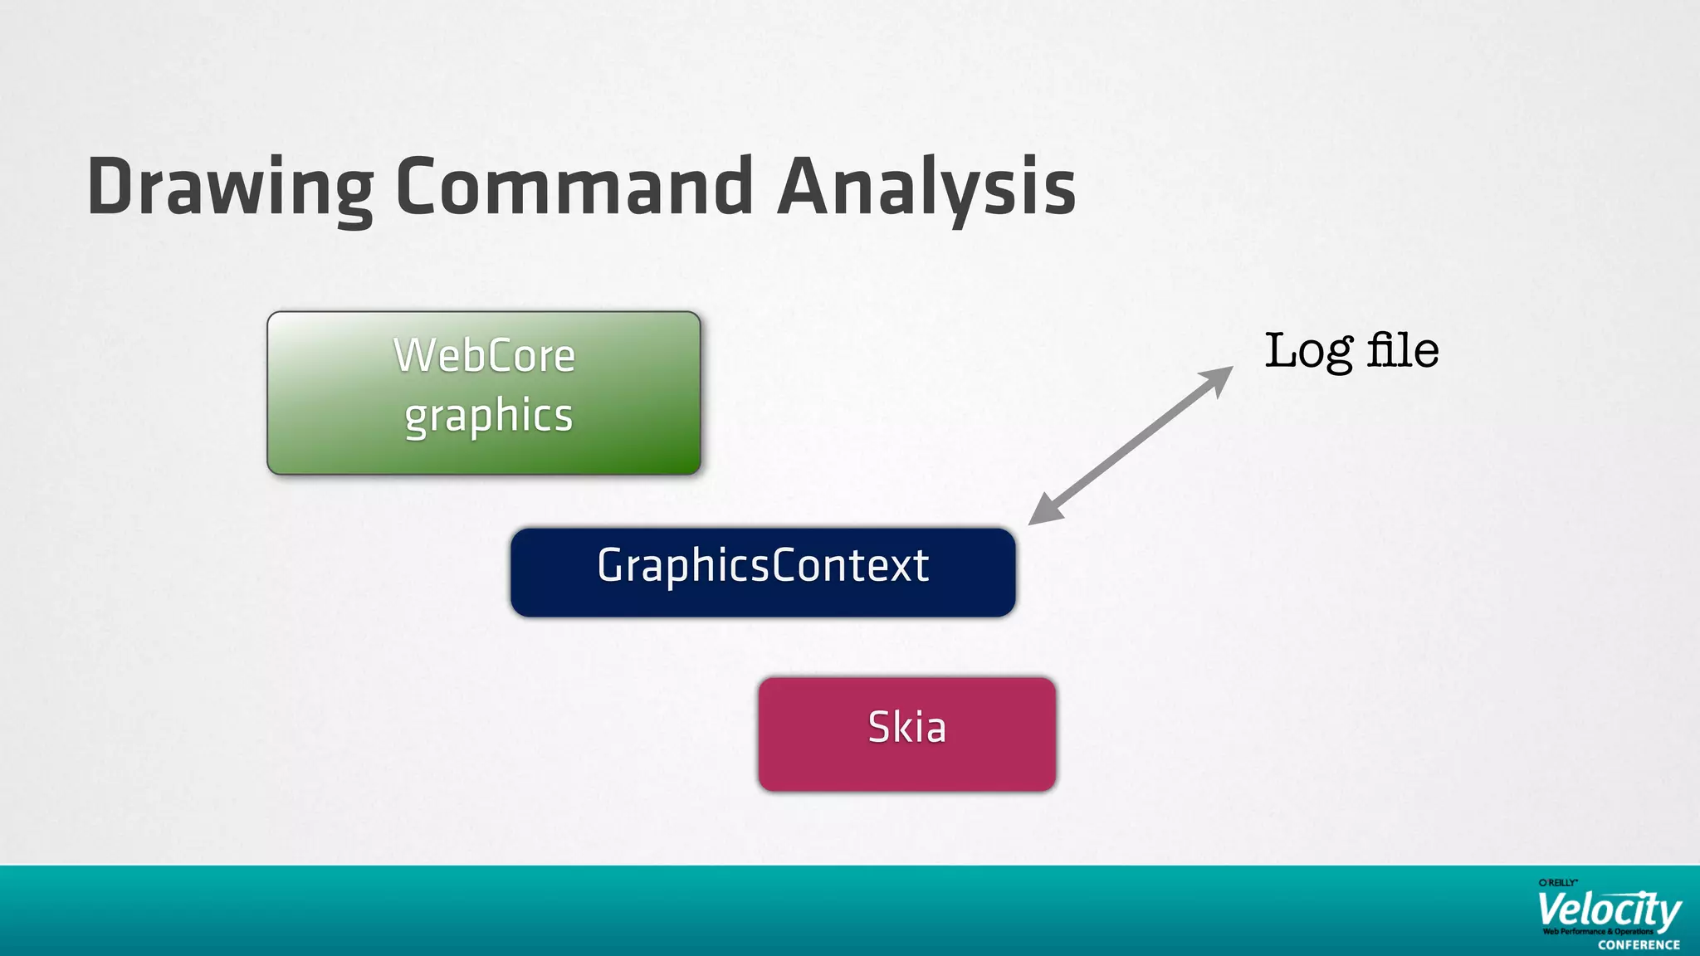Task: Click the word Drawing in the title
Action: coord(230,187)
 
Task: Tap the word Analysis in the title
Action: coord(926,187)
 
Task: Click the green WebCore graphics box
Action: coord(484,393)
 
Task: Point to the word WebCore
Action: coord(484,356)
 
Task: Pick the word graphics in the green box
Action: coord(489,416)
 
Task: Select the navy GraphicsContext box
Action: coord(763,572)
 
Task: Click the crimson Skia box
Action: coord(906,734)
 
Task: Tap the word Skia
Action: coord(906,728)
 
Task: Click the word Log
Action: coord(1308,351)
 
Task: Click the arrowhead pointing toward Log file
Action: coord(1219,378)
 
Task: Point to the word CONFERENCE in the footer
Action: coord(1639,944)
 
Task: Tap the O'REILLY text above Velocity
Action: coord(1558,883)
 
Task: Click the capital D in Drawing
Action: coord(112,187)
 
